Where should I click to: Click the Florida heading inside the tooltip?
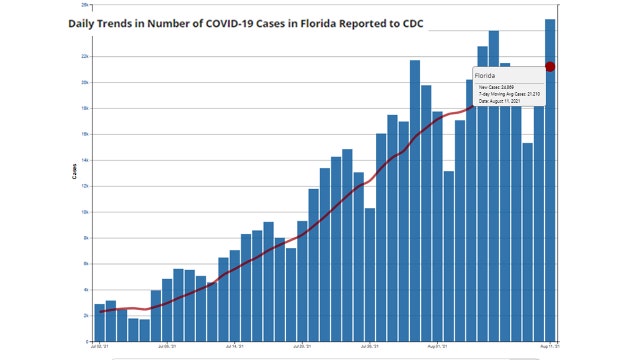pos(486,75)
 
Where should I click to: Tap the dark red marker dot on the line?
pos(550,67)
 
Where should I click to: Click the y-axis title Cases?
pos(74,171)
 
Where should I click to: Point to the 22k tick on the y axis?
pos(86,56)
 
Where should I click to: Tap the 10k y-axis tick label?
pos(86,212)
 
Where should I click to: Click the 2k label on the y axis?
pos(87,315)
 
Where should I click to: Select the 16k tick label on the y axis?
pos(86,134)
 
